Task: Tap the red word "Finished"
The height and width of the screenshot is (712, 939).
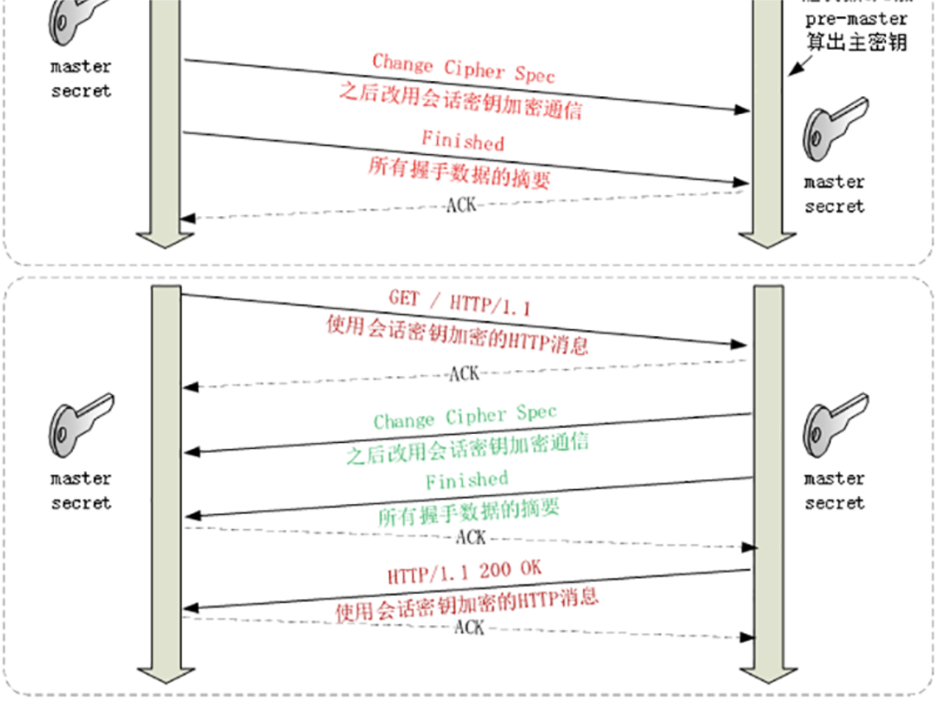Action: click(462, 140)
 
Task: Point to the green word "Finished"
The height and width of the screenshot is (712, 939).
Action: click(467, 480)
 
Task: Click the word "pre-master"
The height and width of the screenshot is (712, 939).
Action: click(856, 19)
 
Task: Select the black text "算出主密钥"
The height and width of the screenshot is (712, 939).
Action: click(856, 42)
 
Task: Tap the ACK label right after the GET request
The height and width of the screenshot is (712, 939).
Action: click(464, 374)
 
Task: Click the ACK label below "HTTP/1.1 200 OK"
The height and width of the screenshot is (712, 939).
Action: click(469, 628)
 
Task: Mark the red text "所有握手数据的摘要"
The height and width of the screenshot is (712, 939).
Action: click(460, 172)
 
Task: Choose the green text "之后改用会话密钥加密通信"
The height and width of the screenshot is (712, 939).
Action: click(467, 448)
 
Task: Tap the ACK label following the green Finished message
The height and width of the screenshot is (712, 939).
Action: click(470, 538)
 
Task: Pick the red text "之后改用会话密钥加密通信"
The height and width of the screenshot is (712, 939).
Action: click(460, 100)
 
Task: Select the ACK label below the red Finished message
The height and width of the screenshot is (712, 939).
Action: click(461, 204)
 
